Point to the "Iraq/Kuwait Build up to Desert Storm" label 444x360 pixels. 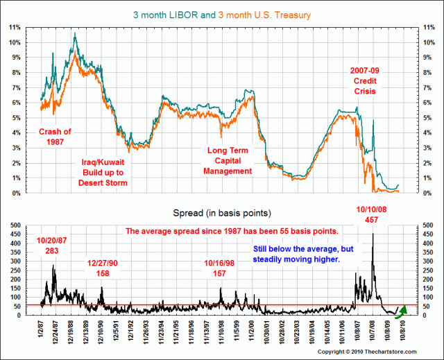click(101, 173)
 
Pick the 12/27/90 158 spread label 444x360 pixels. click(103, 268)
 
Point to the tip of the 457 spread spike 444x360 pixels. click(373, 233)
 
